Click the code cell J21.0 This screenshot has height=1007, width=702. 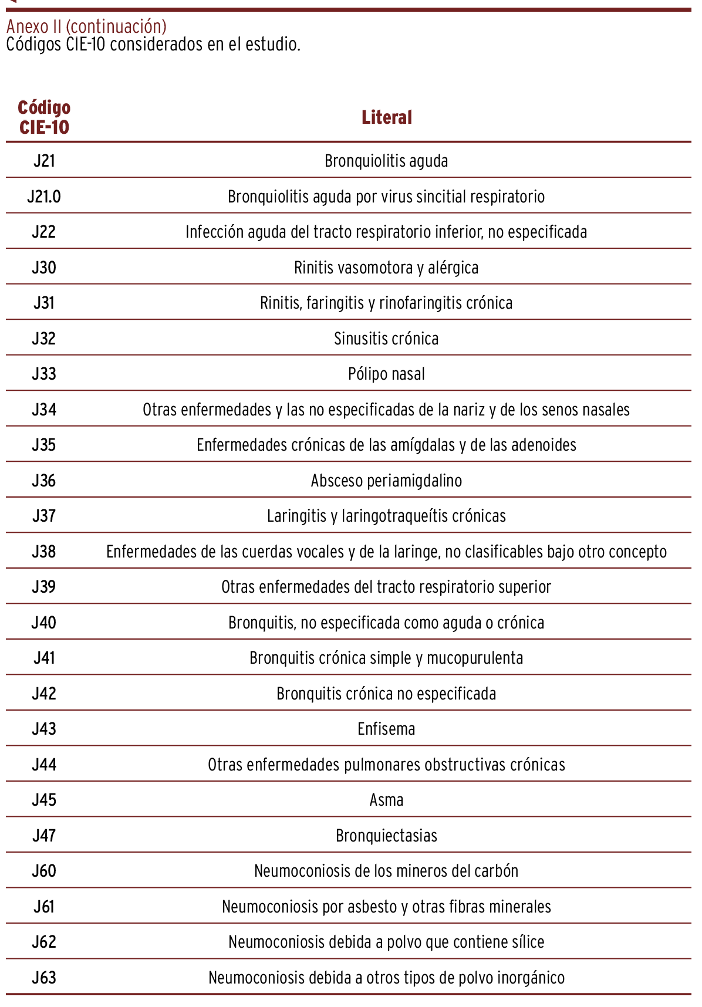pyautogui.click(x=44, y=197)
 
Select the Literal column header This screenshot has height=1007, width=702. pyautogui.click(x=386, y=117)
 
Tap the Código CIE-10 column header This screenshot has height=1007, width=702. pyautogui.click(x=44, y=117)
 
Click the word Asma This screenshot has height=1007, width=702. pyautogui.click(x=386, y=800)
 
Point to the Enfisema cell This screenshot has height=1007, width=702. pyautogui.click(x=386, y=729)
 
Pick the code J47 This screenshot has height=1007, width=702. pyautogui.click(x=44, y=836)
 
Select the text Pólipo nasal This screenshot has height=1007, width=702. pyautogui.click(x=386, y=374)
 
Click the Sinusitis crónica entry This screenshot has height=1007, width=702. pyautogui.click(x=386, y=339)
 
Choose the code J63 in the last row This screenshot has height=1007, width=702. pyautogui.click(x=44, y=978)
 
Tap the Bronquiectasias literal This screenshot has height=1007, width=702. pyautogui.click(x=386, y=836)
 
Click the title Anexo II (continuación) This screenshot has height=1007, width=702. pyautogui.click(x=86, y=26)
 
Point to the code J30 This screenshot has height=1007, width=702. pyautogui.click(x=44, y=268)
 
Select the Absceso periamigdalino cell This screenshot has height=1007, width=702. pyautogui.click(x=386, y=481)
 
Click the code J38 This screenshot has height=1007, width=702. pyautogui.click(x=44, y=552)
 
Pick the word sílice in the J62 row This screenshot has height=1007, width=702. pyautogui.click(x=528, y=942)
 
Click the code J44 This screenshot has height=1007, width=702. pyautogui.click(x=44, y=765)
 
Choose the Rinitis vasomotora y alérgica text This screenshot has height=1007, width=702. pyautogui.click(x=386, y=268)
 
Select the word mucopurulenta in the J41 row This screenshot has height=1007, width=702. pyautogui.click(x=474, y=658)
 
